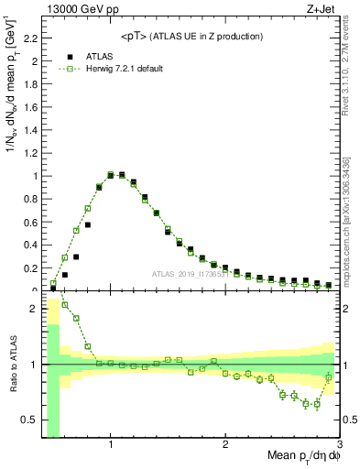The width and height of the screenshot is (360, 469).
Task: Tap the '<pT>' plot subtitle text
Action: click(x=191, y=36)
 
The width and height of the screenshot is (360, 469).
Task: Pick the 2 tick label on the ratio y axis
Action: click(x=34, y=309)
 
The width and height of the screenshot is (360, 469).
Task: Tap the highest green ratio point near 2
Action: click(x=65, y=304)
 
